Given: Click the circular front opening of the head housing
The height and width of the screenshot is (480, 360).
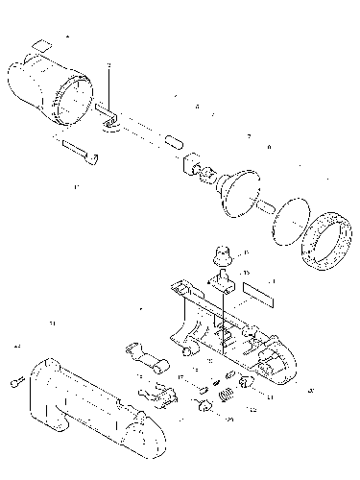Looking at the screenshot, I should [x=71, y=102].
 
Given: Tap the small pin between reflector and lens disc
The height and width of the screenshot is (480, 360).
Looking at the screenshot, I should [x=264, y=204].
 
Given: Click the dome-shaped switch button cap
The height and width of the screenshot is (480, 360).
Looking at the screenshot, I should [x=222, y=253].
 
